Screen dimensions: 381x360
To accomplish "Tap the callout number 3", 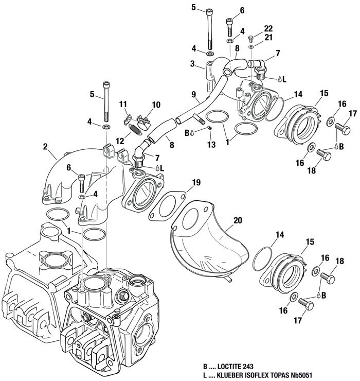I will point(192,64).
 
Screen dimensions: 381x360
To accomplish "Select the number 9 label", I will point(194,94).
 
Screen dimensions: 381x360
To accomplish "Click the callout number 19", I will point(195,182).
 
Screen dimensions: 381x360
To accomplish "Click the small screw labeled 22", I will point(251,39).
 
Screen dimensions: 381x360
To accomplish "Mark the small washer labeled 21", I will point(251,47).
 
